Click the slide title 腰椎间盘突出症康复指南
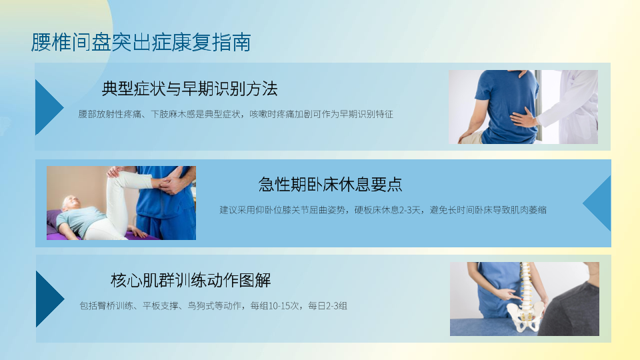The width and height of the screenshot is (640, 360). coord(141,43)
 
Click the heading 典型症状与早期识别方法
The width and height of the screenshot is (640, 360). coord(190,89)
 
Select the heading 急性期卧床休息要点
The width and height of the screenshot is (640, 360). coord(331,185)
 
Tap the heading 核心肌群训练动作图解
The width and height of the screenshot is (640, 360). coord(191,281)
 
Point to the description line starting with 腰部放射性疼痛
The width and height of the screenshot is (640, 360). coord(235,114)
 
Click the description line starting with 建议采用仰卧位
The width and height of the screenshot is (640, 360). coord(383,210)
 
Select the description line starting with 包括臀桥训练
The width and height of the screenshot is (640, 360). coord(213,306)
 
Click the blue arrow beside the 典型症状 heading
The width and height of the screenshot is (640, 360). coord(49,107)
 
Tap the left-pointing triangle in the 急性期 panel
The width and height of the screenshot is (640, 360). coord(597,203)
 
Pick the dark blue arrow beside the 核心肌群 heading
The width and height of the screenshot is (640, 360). coord(49,299)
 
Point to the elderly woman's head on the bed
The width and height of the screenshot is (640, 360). coord(70,203)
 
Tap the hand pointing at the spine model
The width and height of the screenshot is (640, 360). coord(507,294)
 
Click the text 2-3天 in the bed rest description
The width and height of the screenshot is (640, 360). coord(409,210)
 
